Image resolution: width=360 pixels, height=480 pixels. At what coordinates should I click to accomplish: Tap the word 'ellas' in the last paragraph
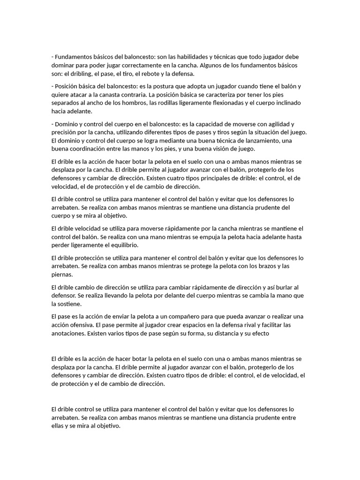[x=58, y=426]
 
